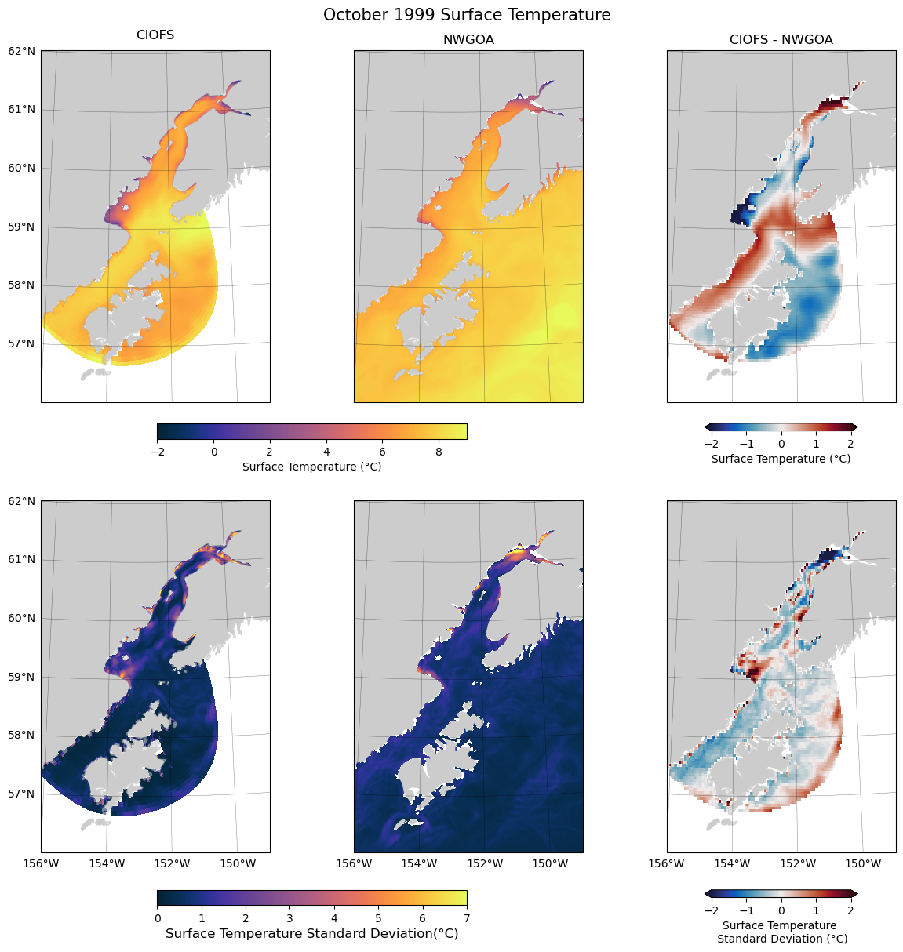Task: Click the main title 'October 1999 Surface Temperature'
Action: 467,15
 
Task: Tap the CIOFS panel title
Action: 155,35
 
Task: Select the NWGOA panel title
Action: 468,39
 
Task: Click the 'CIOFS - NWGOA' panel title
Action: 781,39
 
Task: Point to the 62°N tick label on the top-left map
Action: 22,51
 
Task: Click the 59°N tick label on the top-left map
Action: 22,227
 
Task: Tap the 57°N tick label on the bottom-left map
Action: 22,794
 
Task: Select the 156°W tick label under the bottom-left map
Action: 41,863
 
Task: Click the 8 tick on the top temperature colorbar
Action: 439,452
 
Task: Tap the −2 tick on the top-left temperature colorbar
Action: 157,452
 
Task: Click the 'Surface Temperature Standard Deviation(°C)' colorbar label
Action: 312,934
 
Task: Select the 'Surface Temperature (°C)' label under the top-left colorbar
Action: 312,467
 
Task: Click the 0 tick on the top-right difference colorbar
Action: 781,444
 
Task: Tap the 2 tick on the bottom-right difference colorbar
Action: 850,910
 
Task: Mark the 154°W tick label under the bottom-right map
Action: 732,863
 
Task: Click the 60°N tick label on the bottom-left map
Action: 22,618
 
